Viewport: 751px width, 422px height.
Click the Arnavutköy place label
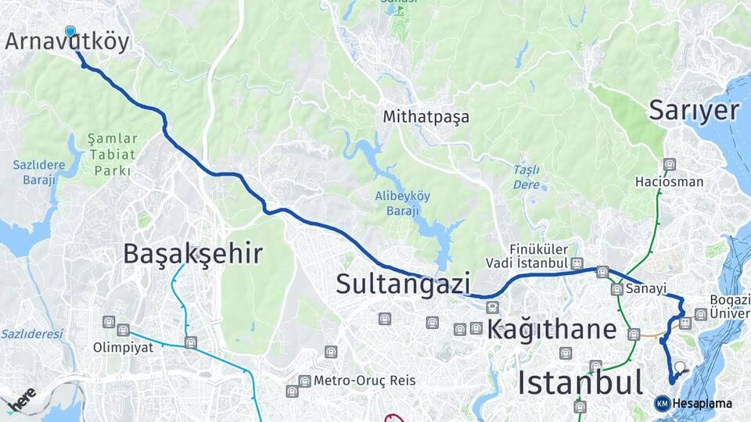click(x=66, y=42)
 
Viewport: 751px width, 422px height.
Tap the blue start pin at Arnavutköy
click(x=70, y=31)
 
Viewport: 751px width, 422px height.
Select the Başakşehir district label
click(x=192, y=254)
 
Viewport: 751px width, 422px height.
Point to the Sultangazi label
click(x=403, y=284)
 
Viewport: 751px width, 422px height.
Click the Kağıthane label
click(x=552, y=329)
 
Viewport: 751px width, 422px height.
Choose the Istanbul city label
click(x=580, y=384)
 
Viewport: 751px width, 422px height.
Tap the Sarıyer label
click(x=694, y=111)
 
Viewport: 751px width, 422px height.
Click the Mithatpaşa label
click(x=426, y=117)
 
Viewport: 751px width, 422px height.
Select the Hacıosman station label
click(x=669, y=182)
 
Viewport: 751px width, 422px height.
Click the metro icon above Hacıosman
click(x=669, y=164)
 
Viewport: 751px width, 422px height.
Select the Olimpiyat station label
click(x=123, y=348)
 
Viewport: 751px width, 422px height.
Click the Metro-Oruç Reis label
click(x=364, y=381)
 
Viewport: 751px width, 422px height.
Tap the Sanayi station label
click(x=645, y=289)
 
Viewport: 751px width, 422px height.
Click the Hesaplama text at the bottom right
click(x=702, y=403)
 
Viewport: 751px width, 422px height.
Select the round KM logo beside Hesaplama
click(x=662, y=403)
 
